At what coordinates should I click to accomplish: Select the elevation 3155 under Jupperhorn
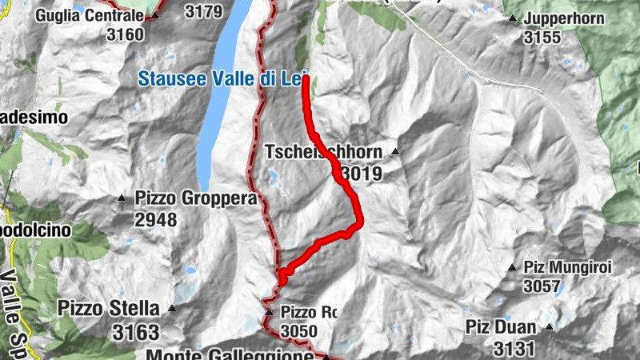coord(543,37)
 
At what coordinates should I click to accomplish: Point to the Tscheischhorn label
coord(323,151)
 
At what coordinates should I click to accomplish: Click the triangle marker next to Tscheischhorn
coord(394,151)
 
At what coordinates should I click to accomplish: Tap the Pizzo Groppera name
coord(195,198)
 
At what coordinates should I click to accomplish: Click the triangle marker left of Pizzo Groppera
coord(122,198)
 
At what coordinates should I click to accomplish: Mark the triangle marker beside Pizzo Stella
coord(170,308)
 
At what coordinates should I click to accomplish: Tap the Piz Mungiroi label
coord(567,267)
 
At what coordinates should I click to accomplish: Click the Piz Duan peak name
coord(501,326)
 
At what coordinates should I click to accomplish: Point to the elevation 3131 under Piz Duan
coord(514,349)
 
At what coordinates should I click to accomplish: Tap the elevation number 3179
coord(203,12)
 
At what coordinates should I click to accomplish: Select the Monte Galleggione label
coord(230,354)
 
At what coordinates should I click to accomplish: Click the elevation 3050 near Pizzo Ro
coord(298,331)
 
